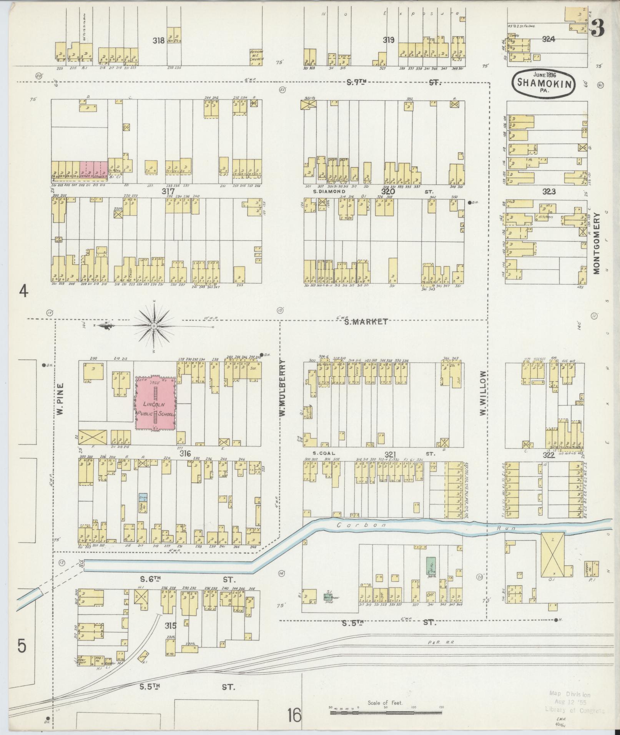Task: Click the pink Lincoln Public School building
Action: [156, 403]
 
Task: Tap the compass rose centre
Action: [154, 326]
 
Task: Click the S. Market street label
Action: [366, 322]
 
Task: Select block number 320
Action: [388, 191]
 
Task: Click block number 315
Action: [171, 626]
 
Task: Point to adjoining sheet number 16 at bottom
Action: [294, 715]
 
